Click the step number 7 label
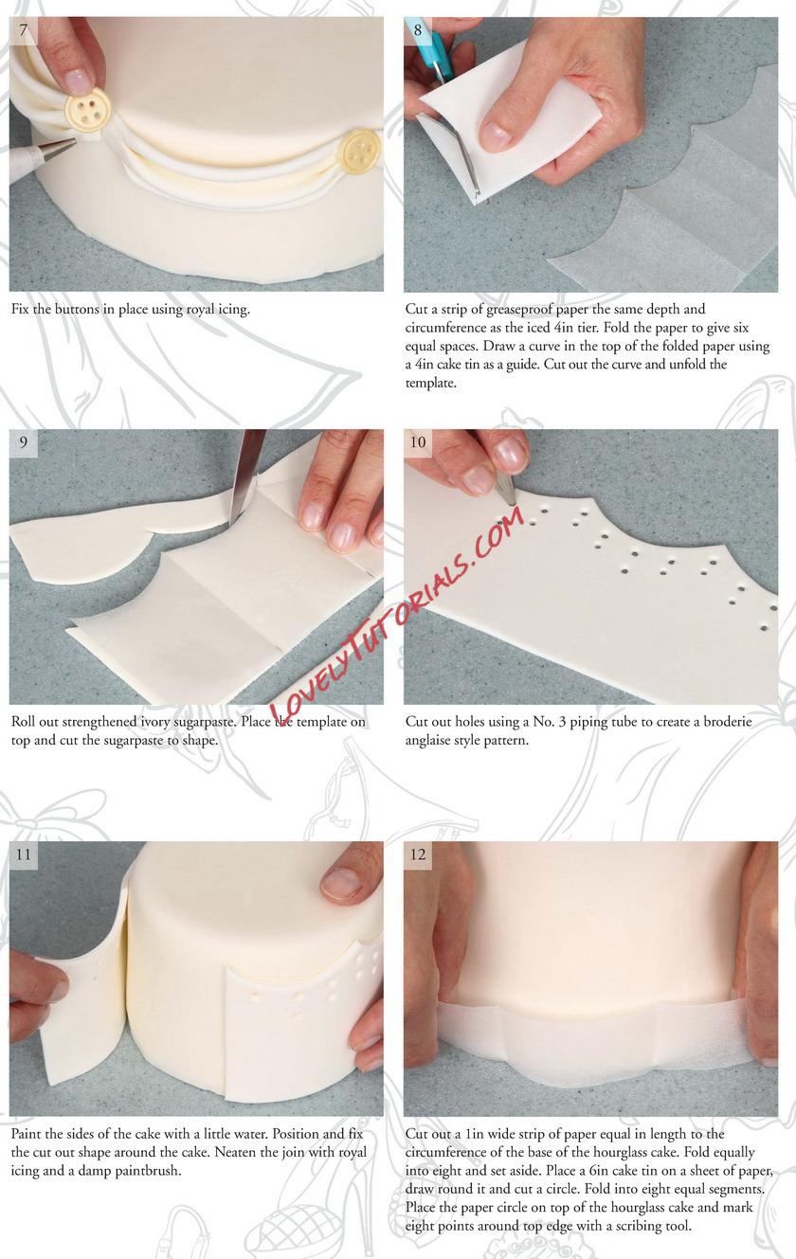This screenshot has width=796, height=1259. (23, 29)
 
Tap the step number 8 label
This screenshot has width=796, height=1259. (418, 29)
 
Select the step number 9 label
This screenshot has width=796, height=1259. (23, 442)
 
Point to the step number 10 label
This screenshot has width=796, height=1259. (418, 442)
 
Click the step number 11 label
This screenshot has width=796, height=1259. (23, 854)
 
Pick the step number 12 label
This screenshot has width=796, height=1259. (418, 854)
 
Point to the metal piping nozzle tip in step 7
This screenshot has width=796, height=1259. (56, 149)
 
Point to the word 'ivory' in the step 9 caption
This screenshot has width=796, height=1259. (155, 722)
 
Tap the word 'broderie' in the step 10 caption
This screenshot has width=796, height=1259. (726, 722)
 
